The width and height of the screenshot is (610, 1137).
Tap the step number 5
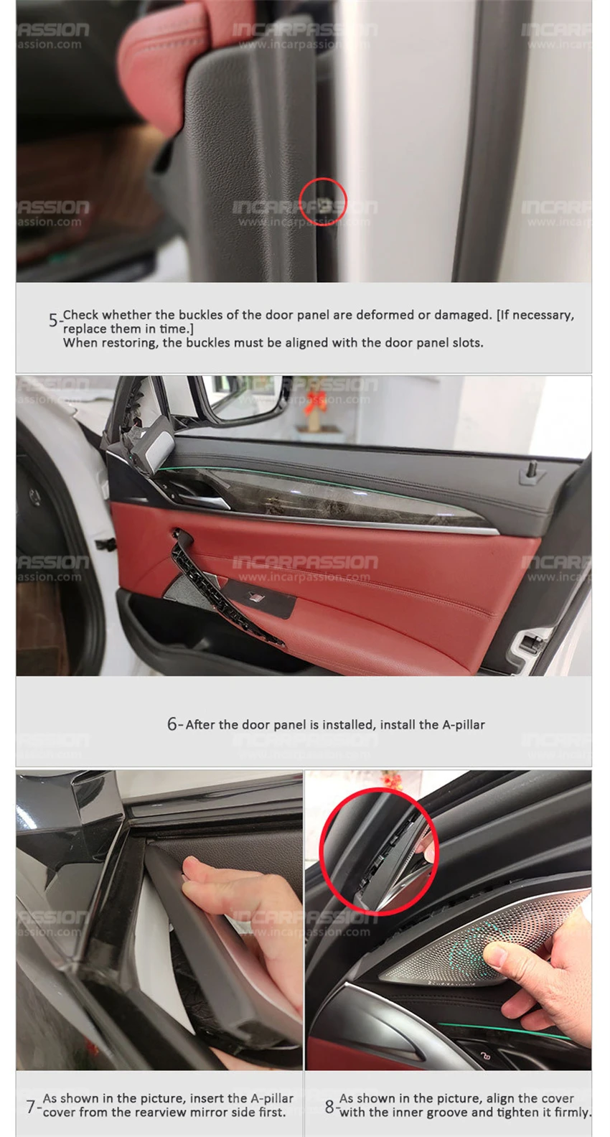tap(54, 320)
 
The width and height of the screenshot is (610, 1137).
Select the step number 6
tap(172, 724)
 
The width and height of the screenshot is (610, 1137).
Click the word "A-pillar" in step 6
tap(464, 724)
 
